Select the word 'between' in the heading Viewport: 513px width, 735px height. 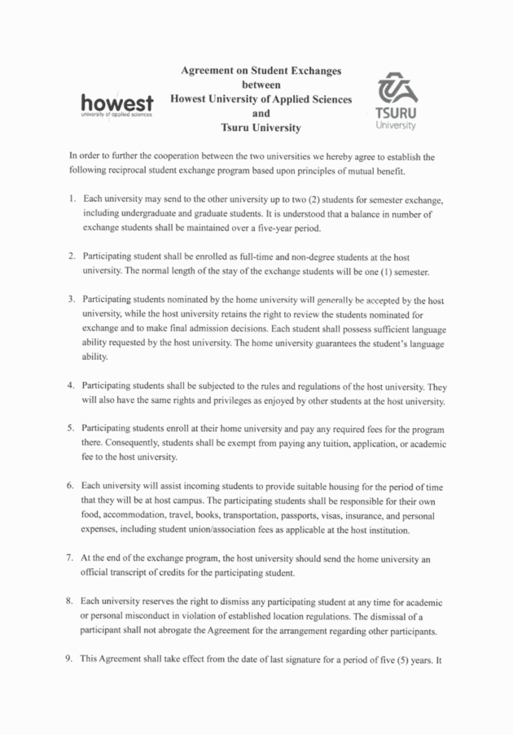[x=261, y=85]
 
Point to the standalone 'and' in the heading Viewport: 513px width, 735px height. [x=261, y=114]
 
